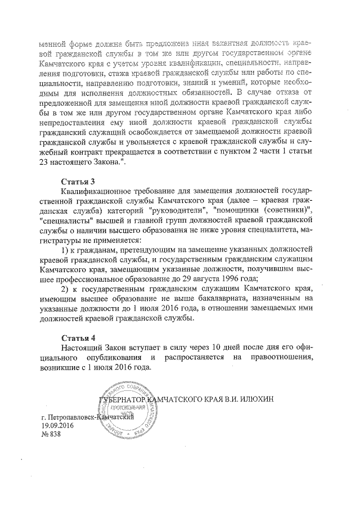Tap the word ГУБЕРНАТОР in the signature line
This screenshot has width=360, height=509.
pos(121,399)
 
